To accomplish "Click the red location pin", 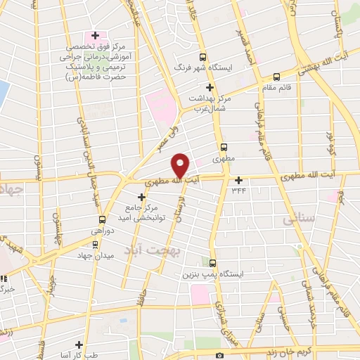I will [x=181, y=165].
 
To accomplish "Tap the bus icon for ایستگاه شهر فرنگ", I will [x=203, y=58].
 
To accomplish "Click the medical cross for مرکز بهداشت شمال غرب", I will [x=210, y=86].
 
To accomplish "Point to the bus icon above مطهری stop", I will [x=224, y=147].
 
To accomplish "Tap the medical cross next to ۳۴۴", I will [x=239, y=180].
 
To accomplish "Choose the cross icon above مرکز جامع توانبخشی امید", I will [x=141, y=195].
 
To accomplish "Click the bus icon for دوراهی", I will [x=103, y=219].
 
